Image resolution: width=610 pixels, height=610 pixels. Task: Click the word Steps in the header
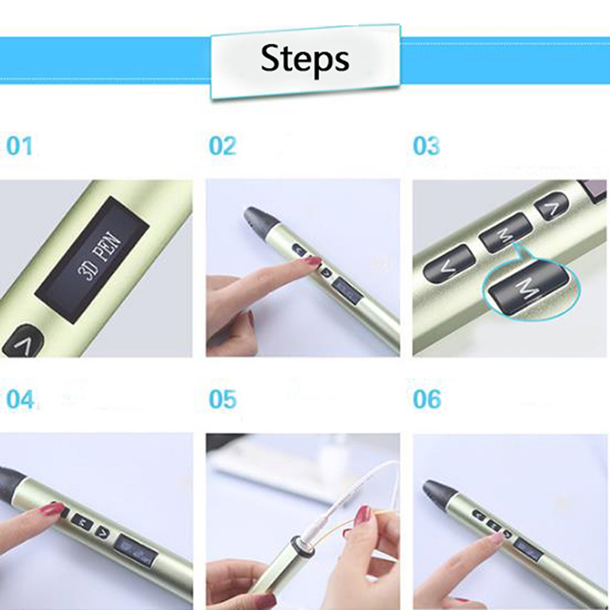[304, 59]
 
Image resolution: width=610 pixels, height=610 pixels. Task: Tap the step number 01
[20, 146]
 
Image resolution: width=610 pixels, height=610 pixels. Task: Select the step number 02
[223, 146]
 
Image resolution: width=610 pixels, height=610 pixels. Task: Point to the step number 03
[426, 146]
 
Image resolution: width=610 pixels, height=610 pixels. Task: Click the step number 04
[20, 399]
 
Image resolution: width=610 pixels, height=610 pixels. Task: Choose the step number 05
[223, 399]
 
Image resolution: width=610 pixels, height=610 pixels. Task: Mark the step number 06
[427, 399]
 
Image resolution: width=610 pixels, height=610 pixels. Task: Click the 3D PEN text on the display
[100, 257]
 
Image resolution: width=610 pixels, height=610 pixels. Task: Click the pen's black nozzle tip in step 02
[258, 219]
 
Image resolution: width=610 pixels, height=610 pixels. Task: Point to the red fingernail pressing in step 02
[314, 261]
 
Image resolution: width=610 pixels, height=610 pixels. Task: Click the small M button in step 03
[506, 233]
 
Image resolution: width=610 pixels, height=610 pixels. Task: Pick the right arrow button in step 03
[551, 207]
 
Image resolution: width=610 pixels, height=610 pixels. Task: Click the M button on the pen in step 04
[82, 522]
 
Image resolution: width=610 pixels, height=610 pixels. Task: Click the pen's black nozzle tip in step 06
[438, 492]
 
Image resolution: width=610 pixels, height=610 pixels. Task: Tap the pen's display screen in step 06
[528, 549]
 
